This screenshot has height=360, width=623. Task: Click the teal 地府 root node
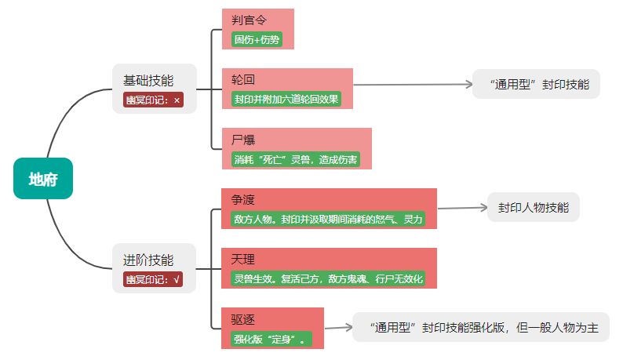click(43, 178)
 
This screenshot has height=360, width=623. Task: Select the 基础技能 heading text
click(148, 80)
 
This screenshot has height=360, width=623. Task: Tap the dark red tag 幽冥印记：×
click(153, 100)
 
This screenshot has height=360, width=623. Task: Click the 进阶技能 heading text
click(148, 260)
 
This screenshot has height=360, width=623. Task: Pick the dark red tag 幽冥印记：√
click(153, 279)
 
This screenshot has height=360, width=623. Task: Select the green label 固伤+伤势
click(257, 38)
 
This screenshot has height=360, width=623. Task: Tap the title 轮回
click(242, 79)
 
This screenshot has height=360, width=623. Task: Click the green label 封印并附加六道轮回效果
click(286, 99)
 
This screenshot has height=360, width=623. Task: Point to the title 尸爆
click(243, 140)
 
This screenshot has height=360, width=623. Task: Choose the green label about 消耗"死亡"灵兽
click(296, 159)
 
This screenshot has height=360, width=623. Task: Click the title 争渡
click(243, 200)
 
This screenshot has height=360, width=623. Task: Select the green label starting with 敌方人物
click(328, 220)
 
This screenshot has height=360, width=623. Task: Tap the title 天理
click(243, 260)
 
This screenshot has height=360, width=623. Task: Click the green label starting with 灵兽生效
click(328, 279)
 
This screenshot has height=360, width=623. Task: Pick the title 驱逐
click(243, 319)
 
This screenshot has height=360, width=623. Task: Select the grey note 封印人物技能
click(534, 208)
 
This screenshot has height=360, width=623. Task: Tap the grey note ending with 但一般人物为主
click(480, 328)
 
